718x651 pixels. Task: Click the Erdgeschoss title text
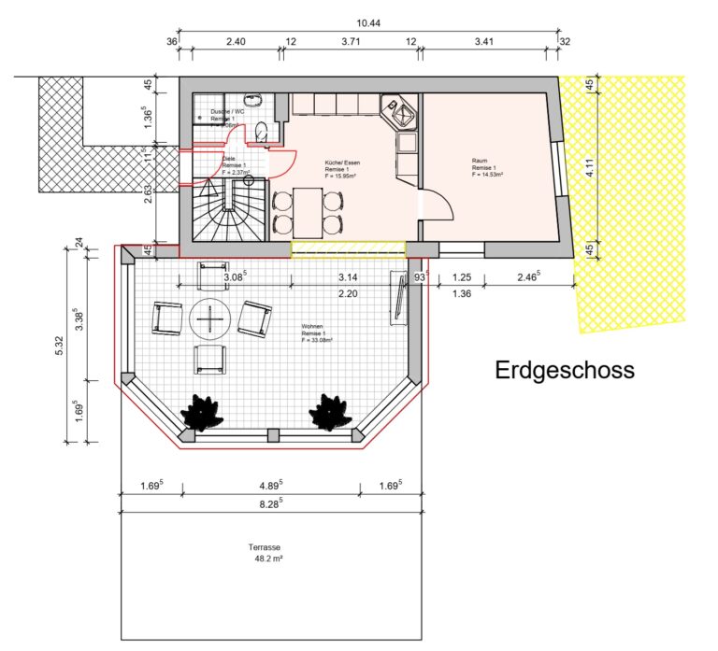click(564, 371)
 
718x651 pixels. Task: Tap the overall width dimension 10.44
click(368, 22)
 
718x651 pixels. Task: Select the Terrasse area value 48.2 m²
click(266, 559)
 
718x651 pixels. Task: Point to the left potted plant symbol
click(199, 413)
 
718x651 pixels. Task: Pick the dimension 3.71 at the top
click(351, 42)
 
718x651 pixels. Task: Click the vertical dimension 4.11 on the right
click(588, 171)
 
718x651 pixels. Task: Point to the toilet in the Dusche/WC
click(261, 132)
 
